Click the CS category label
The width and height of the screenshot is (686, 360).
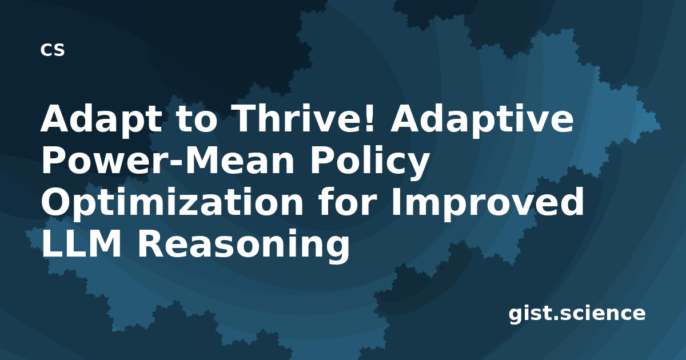(x=53, y=50)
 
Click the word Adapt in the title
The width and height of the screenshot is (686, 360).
(x=101, y=120)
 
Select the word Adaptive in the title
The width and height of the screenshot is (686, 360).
(x=481, y=120)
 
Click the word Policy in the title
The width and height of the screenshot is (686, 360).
(x=369, y=162)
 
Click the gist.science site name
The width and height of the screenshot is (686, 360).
(x=577, y=314)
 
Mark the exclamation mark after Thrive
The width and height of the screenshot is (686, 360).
(x=369, y=118)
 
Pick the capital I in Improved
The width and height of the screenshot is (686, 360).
(x=397, y=202)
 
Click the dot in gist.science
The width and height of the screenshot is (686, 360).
(x=556, y=318)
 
